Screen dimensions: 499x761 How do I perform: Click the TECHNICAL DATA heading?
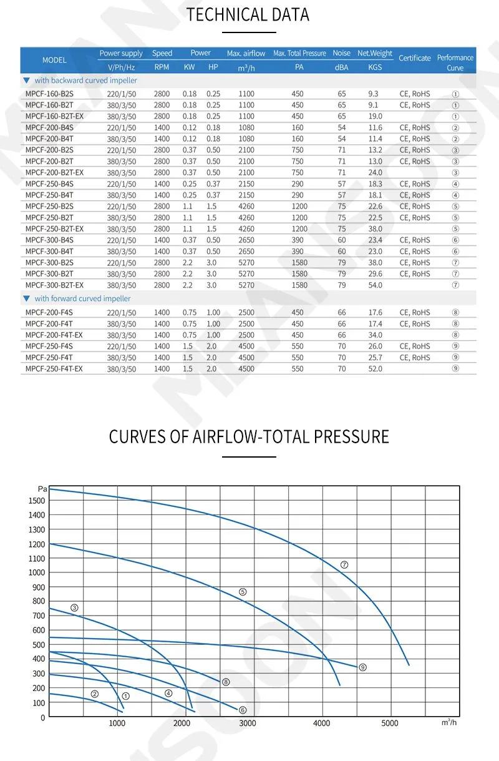click(248, 14)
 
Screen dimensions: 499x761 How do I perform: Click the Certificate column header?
click(414, 58)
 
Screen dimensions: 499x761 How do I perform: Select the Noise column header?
click(341, 53)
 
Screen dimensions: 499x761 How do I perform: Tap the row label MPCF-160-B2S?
click(49, 94)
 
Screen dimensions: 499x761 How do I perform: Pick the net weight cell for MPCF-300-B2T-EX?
click(375, 285)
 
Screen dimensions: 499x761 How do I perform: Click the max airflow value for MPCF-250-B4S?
click(246, 184)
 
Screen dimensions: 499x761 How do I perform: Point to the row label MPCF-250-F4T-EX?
click(54, 368)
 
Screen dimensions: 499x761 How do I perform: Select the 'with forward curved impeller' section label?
click(82, 298)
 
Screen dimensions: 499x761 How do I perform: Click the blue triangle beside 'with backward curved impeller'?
click(26, 81)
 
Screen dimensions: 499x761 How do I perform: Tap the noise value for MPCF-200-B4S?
click(341, 127)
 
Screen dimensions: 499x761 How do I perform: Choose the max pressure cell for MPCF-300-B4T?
click(298, 252)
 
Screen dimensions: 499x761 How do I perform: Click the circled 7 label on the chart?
click(344, 564)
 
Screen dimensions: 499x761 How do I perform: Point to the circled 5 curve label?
click(243, 592)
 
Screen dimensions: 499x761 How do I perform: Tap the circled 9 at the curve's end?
click(362, 667)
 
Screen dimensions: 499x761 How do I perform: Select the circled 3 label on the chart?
click(74, 608)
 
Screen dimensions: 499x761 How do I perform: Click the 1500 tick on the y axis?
click(37, 501)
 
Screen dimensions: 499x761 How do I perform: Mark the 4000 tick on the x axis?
click(321, 723)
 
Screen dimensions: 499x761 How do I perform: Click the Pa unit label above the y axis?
click(42, 489)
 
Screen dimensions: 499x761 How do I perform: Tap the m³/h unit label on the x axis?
click(448, 722)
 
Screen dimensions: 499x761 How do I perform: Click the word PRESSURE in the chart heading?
click(351, 436)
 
